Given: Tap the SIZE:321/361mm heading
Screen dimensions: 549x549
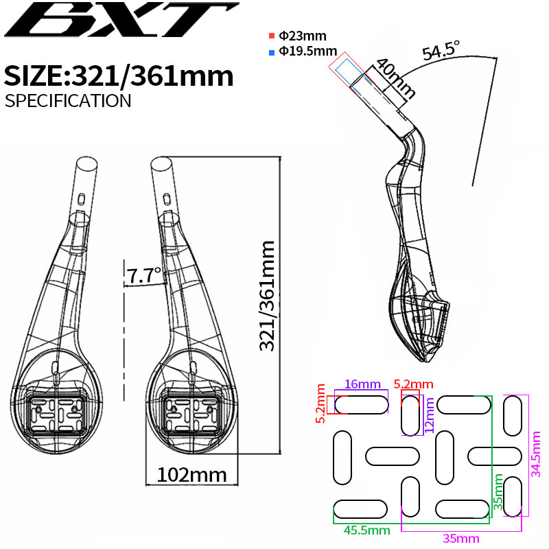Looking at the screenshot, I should point(119,75).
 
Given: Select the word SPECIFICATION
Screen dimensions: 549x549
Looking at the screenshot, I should point(67,100).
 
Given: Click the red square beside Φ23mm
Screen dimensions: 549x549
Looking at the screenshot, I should point(272,36).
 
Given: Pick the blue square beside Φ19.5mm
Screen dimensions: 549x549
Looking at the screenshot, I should point(272,51).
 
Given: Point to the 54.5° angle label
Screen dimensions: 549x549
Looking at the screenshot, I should point(441,51).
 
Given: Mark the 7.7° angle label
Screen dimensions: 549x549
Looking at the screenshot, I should point(143,276).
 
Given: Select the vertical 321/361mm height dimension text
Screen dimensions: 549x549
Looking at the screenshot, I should point(267,296).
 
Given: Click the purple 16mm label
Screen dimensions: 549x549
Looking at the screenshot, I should point(362,384).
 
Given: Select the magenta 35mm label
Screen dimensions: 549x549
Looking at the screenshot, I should point(461,538).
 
